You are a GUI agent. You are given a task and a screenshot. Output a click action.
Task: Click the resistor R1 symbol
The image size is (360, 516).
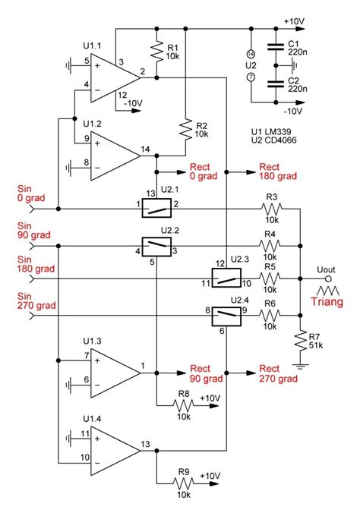tap(156, 52)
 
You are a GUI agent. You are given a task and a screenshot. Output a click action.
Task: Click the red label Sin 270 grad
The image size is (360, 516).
tap(33, 300)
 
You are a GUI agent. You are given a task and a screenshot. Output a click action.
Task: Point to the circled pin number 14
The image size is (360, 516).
tap(251, 53)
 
